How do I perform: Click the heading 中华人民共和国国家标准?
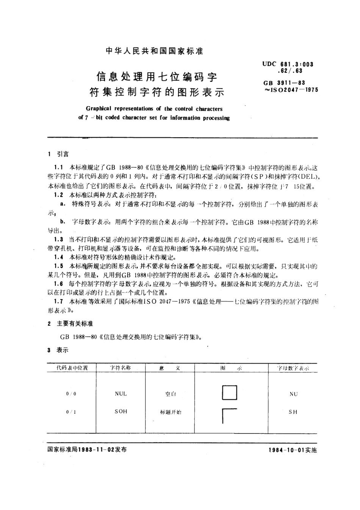[154, 51]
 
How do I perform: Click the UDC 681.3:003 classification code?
[288, 64]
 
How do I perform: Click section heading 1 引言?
[59, 154]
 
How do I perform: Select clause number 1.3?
[58, 240]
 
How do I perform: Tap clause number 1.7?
[58, 301]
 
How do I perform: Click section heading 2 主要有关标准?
[70, 324]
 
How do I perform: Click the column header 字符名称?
[121, 368]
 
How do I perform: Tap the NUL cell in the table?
[121, 394]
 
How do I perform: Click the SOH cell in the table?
[121, 411]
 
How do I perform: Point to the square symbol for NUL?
[229, 393]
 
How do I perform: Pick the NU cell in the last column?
[293, 394]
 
